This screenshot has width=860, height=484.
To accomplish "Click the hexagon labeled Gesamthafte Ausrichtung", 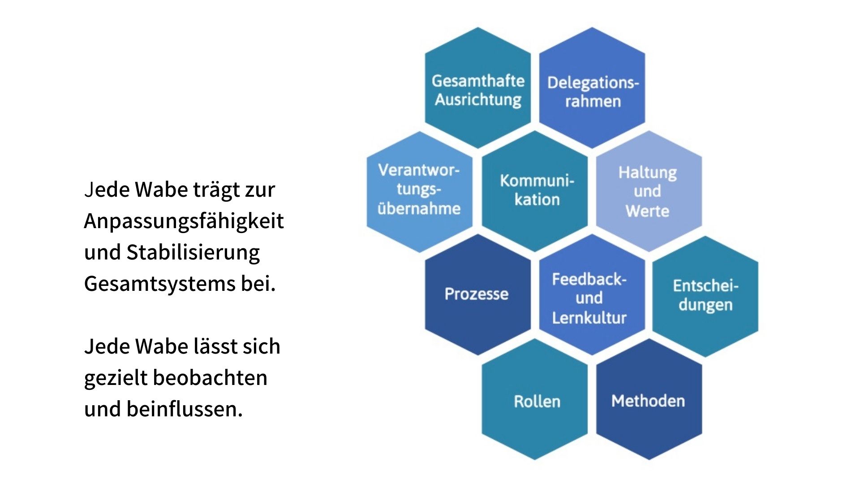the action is (478, 88).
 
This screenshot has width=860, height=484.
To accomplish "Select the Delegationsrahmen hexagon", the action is (592, 88).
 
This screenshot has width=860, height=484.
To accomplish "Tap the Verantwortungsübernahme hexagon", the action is (420, 191).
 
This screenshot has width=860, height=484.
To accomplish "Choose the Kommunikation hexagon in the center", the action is (535, 191).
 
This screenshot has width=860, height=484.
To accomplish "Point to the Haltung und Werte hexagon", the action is (649, 191).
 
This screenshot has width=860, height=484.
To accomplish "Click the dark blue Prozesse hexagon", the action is (478, 294).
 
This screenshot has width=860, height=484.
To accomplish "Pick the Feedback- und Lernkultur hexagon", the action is (592, 294).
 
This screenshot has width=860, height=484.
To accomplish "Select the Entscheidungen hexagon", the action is (705, 296).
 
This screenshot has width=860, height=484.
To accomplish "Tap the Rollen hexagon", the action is (535, 399).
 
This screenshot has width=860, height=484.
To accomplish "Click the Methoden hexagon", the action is (649, 399).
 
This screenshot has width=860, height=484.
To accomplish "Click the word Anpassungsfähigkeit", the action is (184, 221).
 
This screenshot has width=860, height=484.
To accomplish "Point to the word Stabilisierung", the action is (193, 253).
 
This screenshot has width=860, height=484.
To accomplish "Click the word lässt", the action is (215, 346).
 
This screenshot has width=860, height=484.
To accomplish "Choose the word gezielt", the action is (116, 378).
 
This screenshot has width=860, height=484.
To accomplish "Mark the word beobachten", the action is (211, 377).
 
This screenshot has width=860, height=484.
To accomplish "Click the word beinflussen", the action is (185, 409).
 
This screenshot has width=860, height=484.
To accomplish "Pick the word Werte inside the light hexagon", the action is (648, 211).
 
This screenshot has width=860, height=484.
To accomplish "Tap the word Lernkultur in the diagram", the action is (589, 317).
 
